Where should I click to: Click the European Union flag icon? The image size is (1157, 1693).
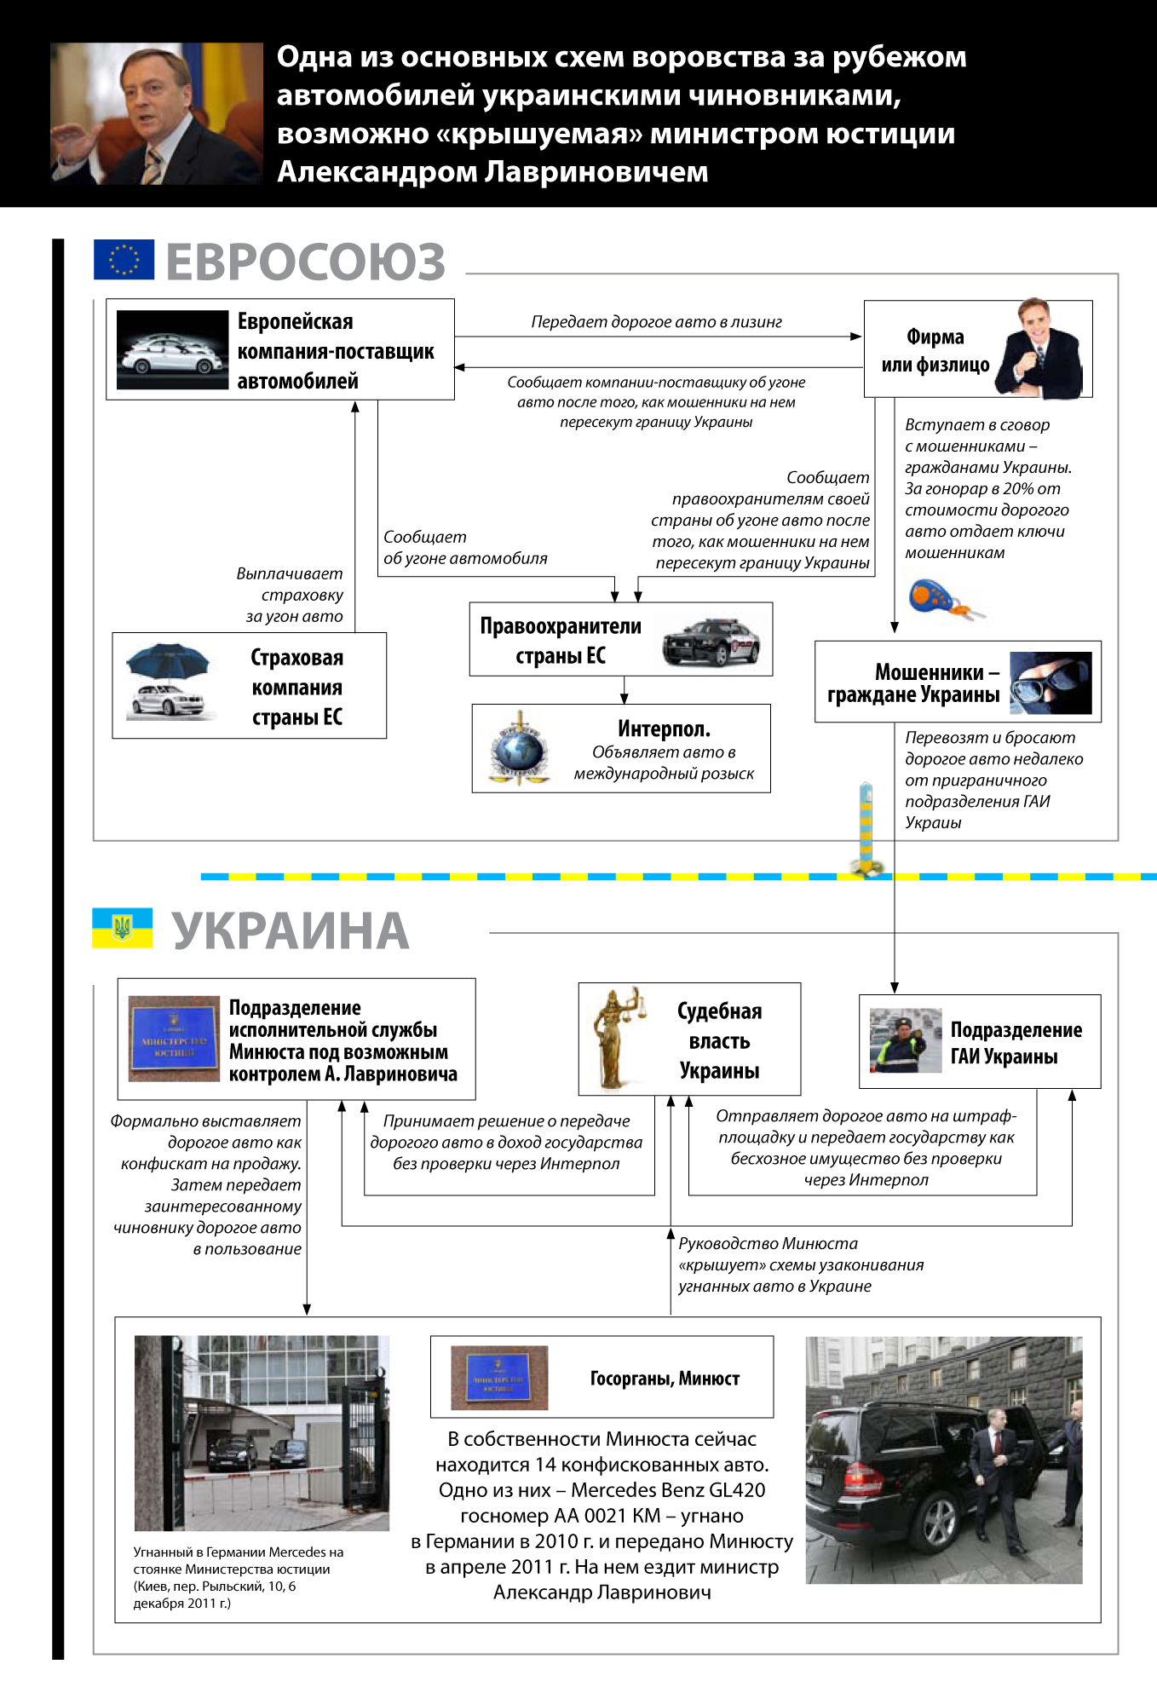(x=124, y=260)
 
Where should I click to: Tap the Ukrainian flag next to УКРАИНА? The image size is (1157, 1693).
(x=123, y=928)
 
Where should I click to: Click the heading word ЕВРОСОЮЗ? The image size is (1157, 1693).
(x=305, y=262)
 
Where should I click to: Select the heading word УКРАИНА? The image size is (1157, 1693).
(x=291, y=930)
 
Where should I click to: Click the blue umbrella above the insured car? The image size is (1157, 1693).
(x=167, y=660)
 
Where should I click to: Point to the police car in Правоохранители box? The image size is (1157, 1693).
(x=711, y=641)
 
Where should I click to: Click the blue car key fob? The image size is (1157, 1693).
(x=932, y=596)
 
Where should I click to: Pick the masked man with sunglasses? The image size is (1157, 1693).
(x=1051, y=682)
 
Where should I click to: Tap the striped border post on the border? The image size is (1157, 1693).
(x=866, y=826)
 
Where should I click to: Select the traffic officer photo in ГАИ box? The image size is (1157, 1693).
(x=905, y=1040)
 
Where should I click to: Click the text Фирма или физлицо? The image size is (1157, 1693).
(x=935, y=350)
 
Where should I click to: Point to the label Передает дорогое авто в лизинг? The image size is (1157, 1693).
(x=656, y=322)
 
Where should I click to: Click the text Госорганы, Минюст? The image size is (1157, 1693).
(x=665, y=1379)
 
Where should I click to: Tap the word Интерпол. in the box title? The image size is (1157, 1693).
(x=664, y=729)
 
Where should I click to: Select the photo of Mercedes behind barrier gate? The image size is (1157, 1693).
(x=262, y=1433)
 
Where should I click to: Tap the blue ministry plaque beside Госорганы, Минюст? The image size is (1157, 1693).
(x=498, y=1376)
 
